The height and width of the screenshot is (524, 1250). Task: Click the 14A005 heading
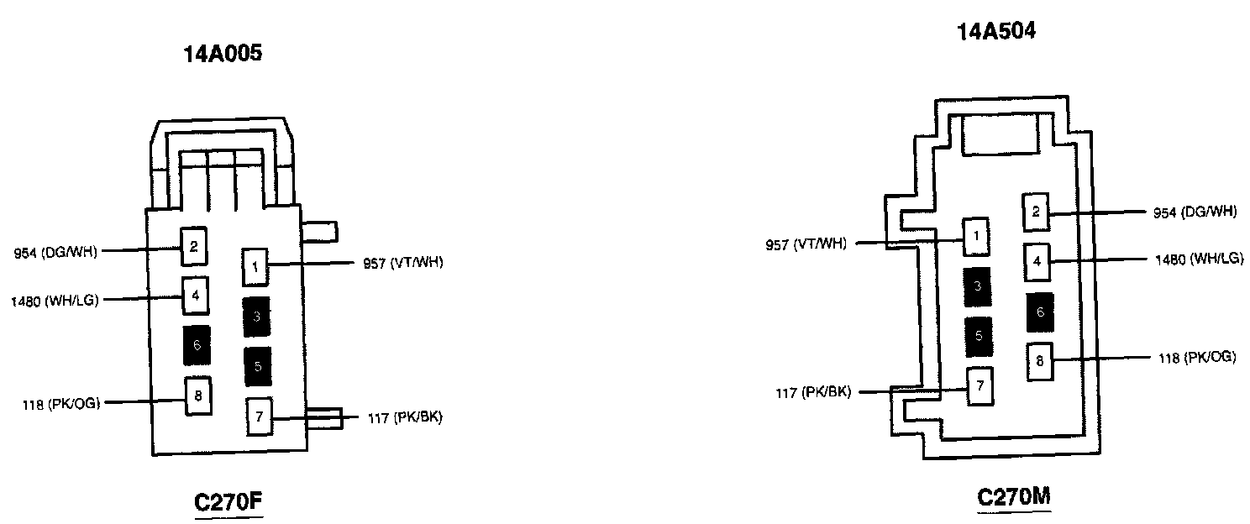(x=223, y=55)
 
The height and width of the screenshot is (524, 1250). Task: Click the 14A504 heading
(x=996, y=33)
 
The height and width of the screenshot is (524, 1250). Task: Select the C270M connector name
(x=1014, y=496)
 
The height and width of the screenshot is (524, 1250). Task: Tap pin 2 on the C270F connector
(x=194, y=246)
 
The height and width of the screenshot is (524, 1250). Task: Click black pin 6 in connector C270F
(x=197, y=344)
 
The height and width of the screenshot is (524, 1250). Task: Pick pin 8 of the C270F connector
(x=198, y=396)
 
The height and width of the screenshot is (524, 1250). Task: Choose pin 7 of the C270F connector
(x=260, y=417)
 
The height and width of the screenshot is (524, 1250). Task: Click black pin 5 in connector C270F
(x=258, y=366)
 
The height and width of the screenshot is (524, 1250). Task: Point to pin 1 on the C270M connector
(x=976, y=237)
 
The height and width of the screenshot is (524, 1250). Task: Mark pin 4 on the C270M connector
(x=1037, y=261)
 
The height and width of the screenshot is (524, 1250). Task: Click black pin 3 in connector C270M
(x=977, y=286)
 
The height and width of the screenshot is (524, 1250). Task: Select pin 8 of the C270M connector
(x=1039, y=362)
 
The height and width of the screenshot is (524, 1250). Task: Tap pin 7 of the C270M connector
(x=980, y=387)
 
